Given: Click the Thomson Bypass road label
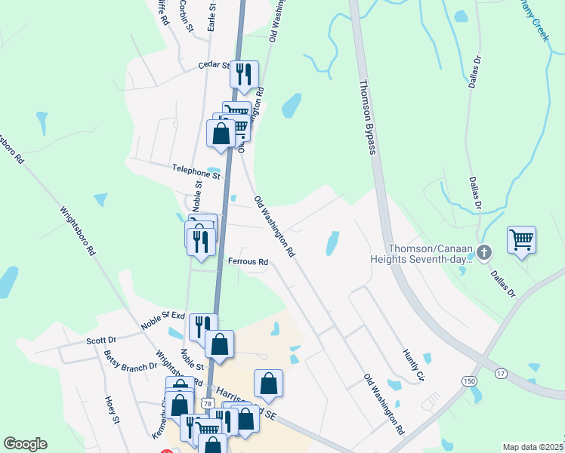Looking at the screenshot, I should (366, 116).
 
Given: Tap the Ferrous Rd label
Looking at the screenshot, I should (249, 262).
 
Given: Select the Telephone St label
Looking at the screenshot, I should (196, 171).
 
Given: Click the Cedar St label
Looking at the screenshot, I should (213, 66).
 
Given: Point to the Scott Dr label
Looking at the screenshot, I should (100, 341).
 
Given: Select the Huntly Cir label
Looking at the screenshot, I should (415, 365).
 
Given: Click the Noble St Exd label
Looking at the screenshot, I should (162, 321).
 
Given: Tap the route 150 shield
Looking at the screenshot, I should (470, 380).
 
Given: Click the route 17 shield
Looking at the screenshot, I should (500, 374).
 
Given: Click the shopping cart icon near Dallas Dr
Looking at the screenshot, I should (521, 240).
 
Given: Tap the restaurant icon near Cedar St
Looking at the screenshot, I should (244, 73).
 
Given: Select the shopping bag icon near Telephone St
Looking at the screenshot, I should (221, 134).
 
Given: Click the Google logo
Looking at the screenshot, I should (25, 444).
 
